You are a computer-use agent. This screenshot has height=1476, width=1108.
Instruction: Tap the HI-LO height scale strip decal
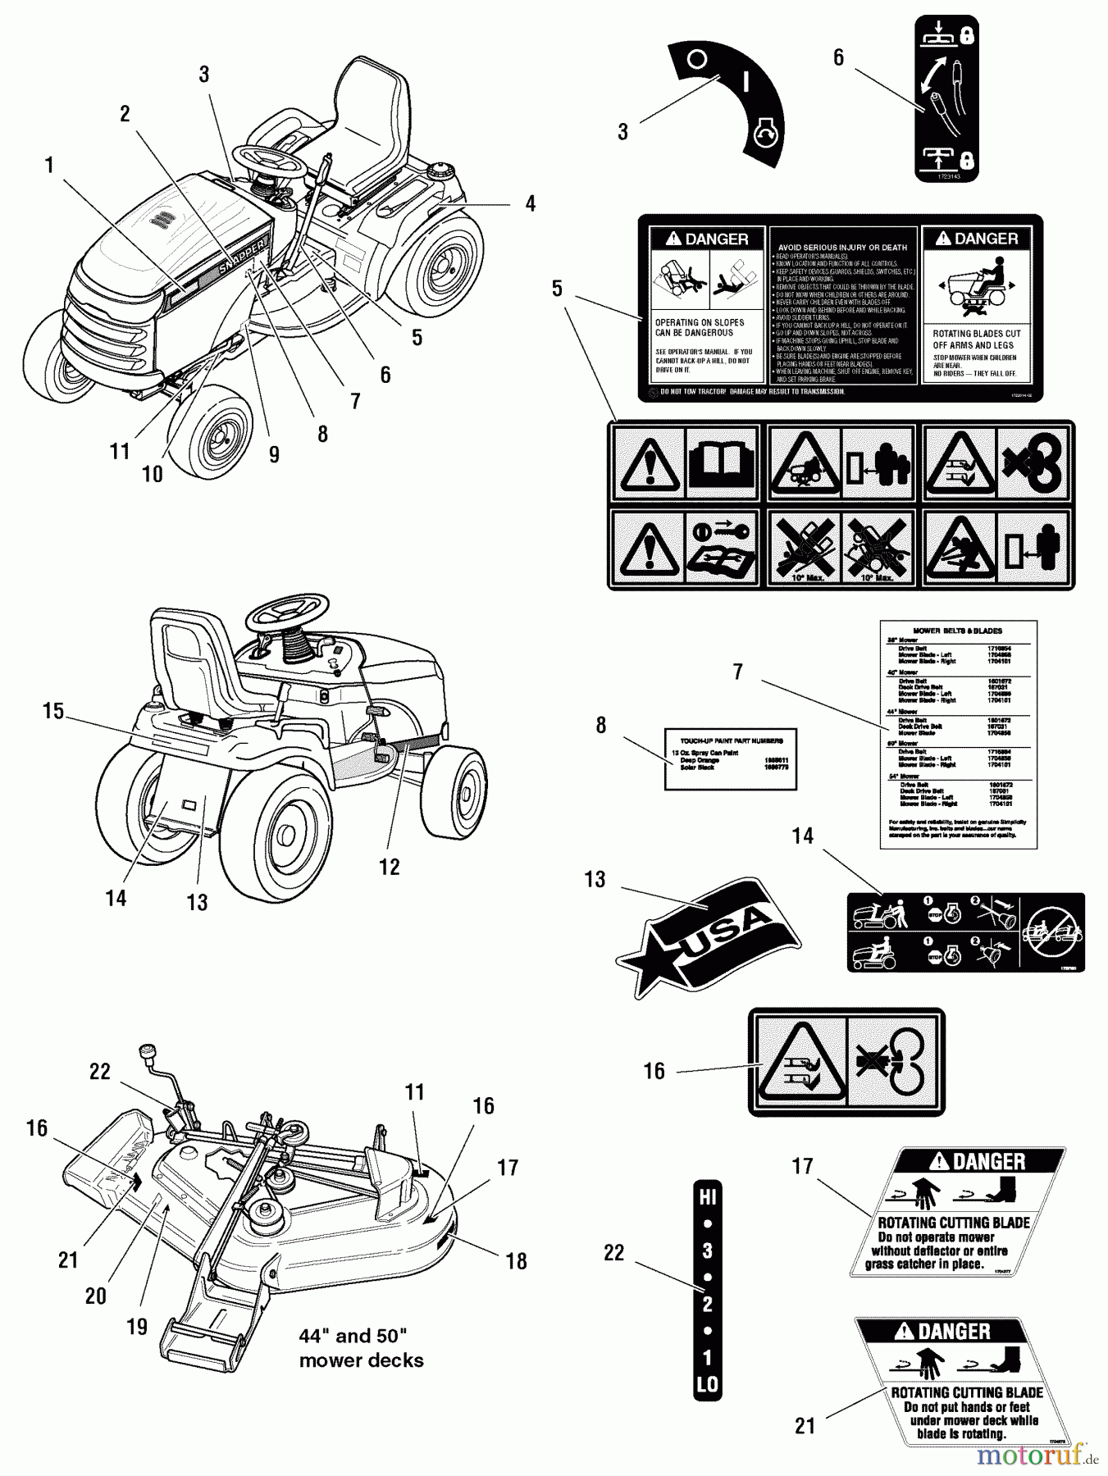[x=707, y=1291]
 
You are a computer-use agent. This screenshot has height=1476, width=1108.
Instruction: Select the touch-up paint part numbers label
[x=730, y=758]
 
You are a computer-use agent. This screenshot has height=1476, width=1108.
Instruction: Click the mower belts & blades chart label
[x=958, y=734]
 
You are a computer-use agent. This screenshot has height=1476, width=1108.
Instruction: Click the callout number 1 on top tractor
[x=49, y=166]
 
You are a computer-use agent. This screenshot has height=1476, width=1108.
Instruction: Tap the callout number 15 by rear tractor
[x=53, y=711]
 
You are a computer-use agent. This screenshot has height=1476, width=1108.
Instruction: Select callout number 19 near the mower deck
[x=137, y=1326]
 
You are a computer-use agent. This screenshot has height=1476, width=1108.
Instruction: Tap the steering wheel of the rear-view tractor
[x=289, y=611]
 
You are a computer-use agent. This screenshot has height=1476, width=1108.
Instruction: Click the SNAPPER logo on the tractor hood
[x=243, y=255]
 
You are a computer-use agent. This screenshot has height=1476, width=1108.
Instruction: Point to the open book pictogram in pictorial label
[x=721, y=462]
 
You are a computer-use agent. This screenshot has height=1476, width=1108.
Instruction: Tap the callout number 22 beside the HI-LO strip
[x=613, y=1253]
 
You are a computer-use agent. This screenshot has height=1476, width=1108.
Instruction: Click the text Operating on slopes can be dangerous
[x=700, y=328]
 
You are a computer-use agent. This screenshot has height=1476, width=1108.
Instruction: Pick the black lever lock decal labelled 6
[x=946, y=98]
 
